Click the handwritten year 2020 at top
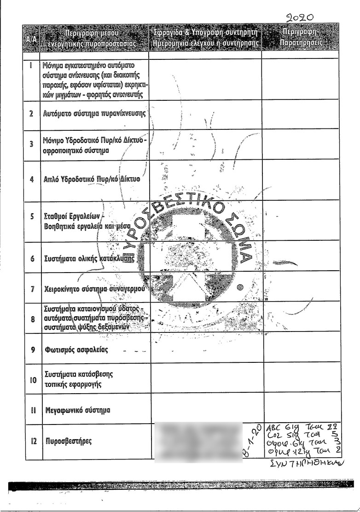[299, 17]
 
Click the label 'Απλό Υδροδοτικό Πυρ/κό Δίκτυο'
[92, 180]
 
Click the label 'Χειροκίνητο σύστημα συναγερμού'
[94, 290]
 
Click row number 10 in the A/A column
[33, 380]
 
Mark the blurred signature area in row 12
[198, 441]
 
